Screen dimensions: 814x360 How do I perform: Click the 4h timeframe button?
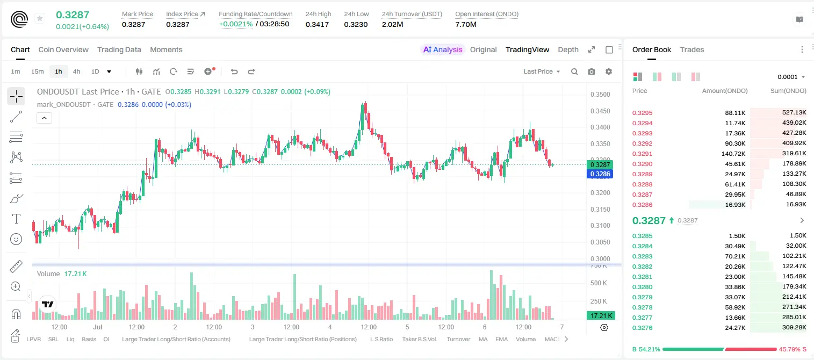click(x=76, y=71)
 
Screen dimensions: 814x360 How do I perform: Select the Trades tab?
click(x=692, y=49)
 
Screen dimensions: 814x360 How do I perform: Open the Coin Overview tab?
click(x=63, y=49)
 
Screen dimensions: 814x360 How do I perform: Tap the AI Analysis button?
click(x=443, y=49)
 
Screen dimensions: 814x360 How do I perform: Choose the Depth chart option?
click(x=568, y=49)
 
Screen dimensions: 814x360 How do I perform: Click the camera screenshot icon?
click(x=592, y=71)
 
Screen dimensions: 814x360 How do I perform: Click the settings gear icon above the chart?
click(x=609, y=71)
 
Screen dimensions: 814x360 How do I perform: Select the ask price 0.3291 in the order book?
click(x=642, y=154)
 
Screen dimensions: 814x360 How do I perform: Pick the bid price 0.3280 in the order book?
click(x=642, y=287)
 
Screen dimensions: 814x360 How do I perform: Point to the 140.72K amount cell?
click(x=733, y=154)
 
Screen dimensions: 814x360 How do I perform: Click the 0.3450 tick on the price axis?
click(x=600, y=111)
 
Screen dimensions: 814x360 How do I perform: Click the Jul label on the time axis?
click(x=97, y=327)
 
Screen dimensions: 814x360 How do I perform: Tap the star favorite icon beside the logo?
click(x=40, y=18)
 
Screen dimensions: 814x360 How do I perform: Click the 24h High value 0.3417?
click(x=317, y=24)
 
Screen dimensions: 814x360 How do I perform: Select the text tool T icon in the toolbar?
click(x=16, y=219)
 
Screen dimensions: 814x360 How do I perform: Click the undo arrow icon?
click(x=234, y=71)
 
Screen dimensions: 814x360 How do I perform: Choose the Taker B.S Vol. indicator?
click(x=419, y=339)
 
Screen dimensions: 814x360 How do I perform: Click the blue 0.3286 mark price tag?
click(x=600, y=174)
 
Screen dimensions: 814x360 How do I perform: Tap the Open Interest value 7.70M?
click(x=466, y=24)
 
